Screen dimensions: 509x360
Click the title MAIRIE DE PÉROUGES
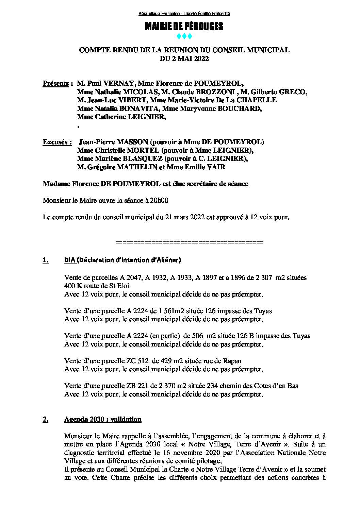tap(184, 27)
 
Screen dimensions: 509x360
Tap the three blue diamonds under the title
tap(184, 36)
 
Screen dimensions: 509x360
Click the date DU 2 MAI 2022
tap(184, 58)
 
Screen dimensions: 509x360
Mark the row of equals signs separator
tap(190, 242)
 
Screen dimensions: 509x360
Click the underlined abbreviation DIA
tap(70, 260)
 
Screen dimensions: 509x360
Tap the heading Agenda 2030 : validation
tap(103, 419)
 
